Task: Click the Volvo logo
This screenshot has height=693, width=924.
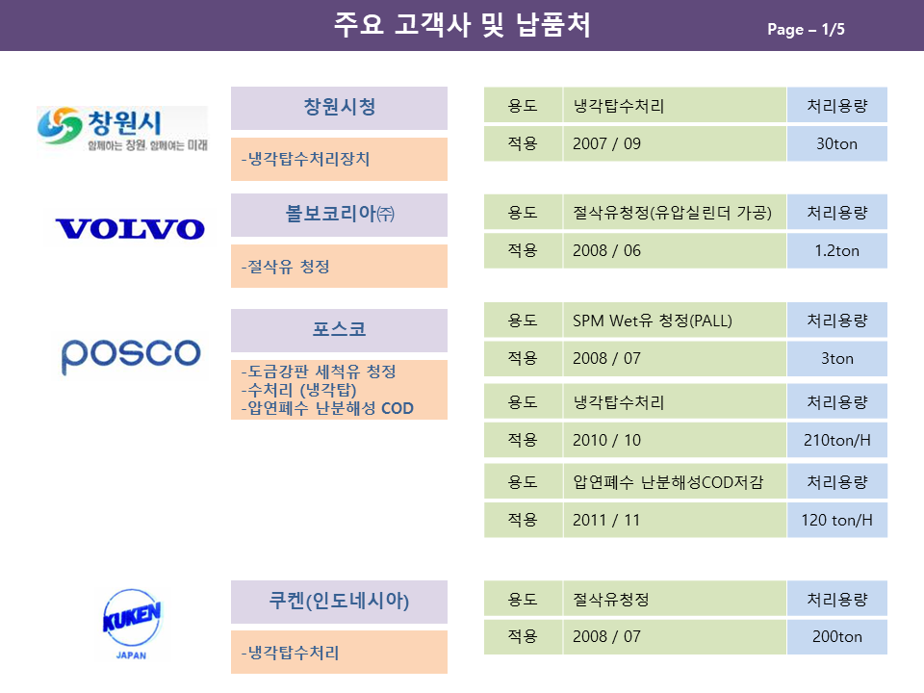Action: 130,229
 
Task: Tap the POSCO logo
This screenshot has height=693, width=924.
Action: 131,356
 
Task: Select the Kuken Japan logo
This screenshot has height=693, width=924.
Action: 132,624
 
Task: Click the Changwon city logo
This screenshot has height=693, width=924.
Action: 122,129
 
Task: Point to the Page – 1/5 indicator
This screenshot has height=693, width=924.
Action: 806,29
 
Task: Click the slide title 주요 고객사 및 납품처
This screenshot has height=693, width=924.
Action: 462,25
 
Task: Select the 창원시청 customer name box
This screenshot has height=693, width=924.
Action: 339,108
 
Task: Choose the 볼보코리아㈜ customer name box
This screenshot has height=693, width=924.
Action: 339,215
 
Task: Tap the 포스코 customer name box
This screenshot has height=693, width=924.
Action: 339,330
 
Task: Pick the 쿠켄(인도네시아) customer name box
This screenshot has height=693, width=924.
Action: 339,602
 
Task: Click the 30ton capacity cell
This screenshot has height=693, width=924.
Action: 836,143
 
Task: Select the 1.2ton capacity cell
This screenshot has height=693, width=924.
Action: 836,251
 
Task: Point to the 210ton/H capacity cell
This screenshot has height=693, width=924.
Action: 836,440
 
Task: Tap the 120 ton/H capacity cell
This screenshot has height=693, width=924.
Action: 836,520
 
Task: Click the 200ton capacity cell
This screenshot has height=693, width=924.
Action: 836,636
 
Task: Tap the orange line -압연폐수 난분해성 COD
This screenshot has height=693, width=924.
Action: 327,408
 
